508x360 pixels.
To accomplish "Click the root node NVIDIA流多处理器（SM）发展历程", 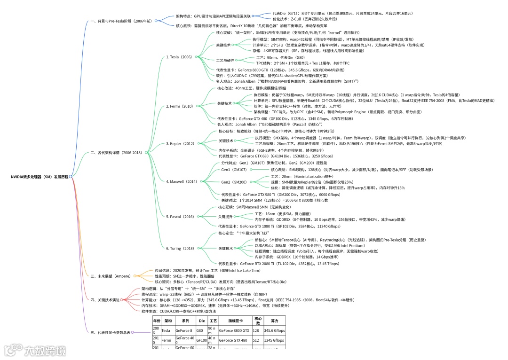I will pos(40,177).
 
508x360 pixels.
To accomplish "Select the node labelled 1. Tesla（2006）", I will pos(179,57).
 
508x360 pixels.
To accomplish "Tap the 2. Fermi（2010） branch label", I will pos(180,106).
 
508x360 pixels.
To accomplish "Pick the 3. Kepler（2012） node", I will pos(180,143).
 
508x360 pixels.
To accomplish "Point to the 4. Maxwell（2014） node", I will pos(182,181).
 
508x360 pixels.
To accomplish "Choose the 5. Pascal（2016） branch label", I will pos(180,217).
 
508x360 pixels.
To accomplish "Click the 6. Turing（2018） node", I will pos(180,248).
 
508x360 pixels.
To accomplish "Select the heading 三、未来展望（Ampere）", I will pos(110,276).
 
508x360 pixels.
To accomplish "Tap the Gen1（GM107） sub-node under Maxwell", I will pos(234,169).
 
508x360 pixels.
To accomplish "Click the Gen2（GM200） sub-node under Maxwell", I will pos(234,182).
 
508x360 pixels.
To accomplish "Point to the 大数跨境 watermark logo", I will pos(35,351).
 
